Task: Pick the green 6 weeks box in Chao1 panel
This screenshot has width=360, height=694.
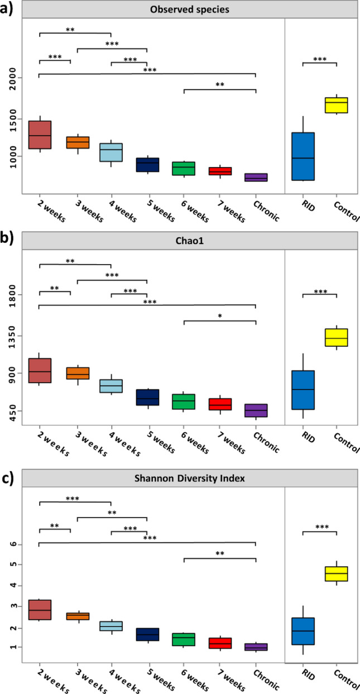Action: (184, 401)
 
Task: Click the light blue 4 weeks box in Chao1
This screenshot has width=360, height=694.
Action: (112, 386)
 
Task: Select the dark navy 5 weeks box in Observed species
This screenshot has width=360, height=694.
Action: (147, 164)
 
